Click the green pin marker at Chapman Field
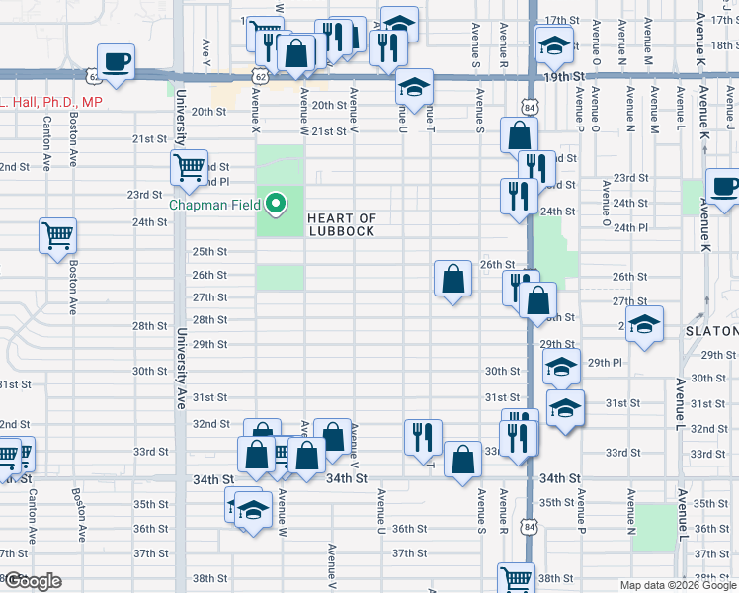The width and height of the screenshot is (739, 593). pyautogui.click(x=277, y=205)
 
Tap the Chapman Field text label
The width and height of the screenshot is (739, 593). pyautogui.click(x=214, y=205)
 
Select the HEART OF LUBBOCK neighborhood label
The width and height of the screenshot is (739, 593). pyautogui.click(x=341, y=224)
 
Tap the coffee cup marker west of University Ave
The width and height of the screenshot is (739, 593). pyautogui.click(x=116, y=61)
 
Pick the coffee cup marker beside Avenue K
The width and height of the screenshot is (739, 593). pyautogui.click(x=723, y=187)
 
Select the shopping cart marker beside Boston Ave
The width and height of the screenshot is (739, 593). pyautogui.click(x=57, y=236)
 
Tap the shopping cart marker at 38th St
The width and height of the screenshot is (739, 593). pyautogui.click(x=516, y=578)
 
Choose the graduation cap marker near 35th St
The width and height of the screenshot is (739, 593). pyautogui.click(x=253, y=511)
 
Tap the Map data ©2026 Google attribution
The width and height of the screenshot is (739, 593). pyautogui.click(x=678, y=585)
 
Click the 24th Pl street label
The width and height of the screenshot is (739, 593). pyautogui.click(x=630, y=227)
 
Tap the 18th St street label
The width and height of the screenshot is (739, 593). pyautogui.click(x=723, y=44)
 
